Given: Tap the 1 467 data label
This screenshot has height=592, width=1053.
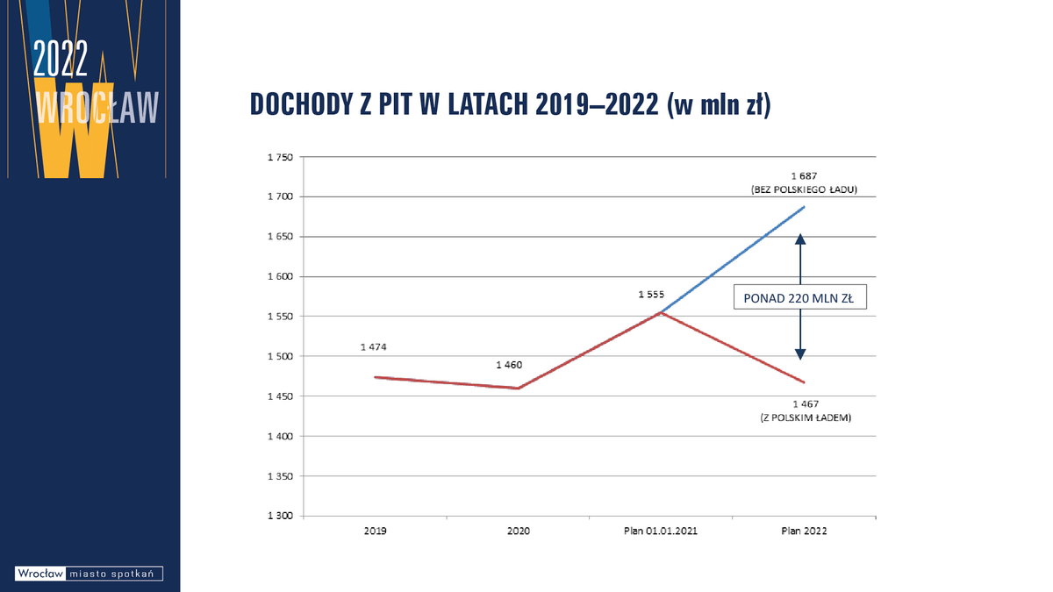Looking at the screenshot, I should (x=806, y=404).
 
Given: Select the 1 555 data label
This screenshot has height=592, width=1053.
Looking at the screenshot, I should (x=650, y=296).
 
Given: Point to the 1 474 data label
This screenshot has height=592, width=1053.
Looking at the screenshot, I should (x=373, y=347).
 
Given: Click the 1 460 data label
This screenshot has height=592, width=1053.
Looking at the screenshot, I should (x=509, y=364).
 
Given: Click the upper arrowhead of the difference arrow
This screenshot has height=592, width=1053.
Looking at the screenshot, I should (x=800, y=239).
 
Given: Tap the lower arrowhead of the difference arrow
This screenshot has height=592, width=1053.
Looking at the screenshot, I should (x=800, y=353).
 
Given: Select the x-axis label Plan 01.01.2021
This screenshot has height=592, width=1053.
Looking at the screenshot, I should (x=659, y=531).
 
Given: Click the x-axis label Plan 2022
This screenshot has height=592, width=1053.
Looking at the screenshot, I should (x=803, y=531).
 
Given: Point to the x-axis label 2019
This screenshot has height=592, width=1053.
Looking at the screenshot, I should (x=374, y=531).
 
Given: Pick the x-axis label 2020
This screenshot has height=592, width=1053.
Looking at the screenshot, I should (x=517, y=531).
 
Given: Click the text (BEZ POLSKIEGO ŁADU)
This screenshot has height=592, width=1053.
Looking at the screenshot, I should (x=804, y=189).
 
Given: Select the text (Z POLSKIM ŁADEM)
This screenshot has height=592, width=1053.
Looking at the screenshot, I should (x=806, y=418).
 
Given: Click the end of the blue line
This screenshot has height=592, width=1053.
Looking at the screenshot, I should (x=804, y=207).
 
